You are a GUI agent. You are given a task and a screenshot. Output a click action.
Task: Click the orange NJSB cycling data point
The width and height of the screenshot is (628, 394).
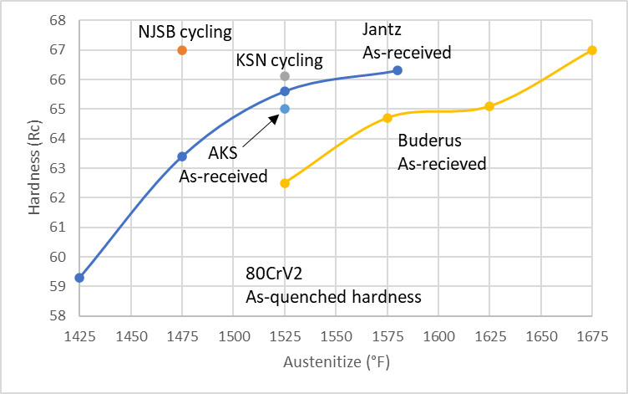pos(182,50)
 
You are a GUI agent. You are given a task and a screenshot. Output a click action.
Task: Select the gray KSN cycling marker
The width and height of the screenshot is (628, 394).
pos(285,76)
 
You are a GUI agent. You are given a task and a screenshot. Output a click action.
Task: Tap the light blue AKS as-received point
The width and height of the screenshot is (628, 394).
pos(285,109)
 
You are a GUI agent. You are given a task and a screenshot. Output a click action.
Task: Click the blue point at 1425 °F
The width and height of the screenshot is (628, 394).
pos(79,278)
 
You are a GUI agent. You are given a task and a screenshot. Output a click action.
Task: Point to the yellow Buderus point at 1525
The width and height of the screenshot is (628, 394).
pos(285,183)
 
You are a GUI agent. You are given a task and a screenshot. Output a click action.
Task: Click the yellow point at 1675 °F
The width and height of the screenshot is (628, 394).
pos(592,50)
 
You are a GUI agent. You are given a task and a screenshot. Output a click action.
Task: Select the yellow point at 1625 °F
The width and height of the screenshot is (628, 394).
pos(489,106)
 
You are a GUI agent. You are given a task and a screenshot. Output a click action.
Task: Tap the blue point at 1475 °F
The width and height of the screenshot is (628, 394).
pos(182,156)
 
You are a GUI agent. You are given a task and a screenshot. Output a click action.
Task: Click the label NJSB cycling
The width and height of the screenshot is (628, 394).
pos(185,32)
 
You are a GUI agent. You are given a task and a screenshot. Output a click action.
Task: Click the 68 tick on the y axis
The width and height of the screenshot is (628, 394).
pos(57,20)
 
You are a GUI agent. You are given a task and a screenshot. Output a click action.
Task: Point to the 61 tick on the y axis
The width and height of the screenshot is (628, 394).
pos(57,228)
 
